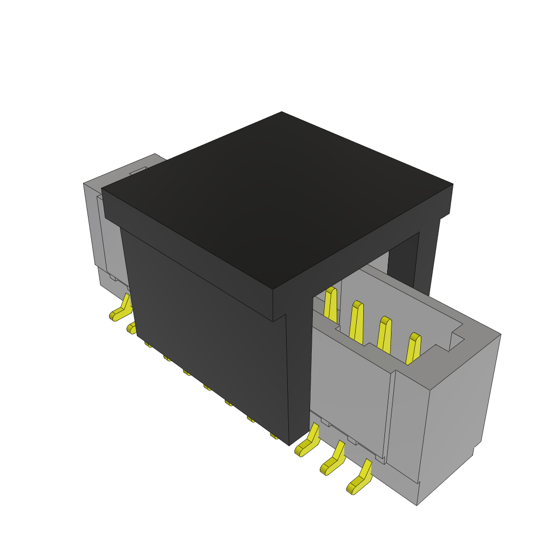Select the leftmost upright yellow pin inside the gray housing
pos(330,304)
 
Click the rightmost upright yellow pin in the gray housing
pos(413,349)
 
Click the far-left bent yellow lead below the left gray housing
pos(121,309)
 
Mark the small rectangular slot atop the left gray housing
pos(138,171)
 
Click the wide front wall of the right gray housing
pos(350,396)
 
